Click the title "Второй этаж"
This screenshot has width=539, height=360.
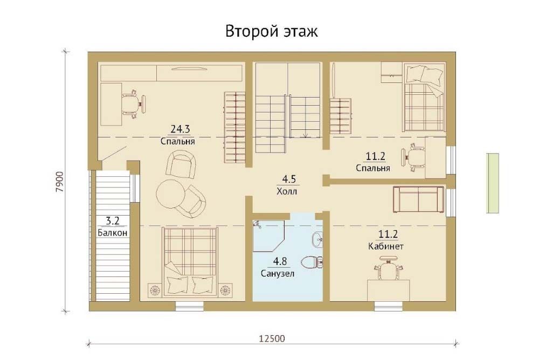(x=272, y=31)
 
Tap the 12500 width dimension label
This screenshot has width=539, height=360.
(x=272, y=338)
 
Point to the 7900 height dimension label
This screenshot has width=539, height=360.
(x=59, y=182)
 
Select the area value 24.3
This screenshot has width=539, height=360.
(x=180, y=129)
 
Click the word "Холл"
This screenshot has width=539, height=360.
(x=287, y=191)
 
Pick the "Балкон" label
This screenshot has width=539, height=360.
(x=113, y=233)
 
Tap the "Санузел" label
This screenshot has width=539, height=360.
(x=278, y=274)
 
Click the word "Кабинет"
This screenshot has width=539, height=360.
(x=386, y=246)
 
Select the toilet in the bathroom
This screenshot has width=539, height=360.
(x=312, y=262)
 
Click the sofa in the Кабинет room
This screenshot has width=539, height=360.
(x=418, y=200)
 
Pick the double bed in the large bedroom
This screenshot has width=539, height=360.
(x=190, y=261)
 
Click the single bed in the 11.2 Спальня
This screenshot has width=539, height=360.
(x=424, y=98)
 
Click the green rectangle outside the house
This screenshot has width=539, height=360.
(x=493, y=183)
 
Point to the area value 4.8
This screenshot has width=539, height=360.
(x=280, y=262)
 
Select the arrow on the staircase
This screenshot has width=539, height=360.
(x=305, y=134)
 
